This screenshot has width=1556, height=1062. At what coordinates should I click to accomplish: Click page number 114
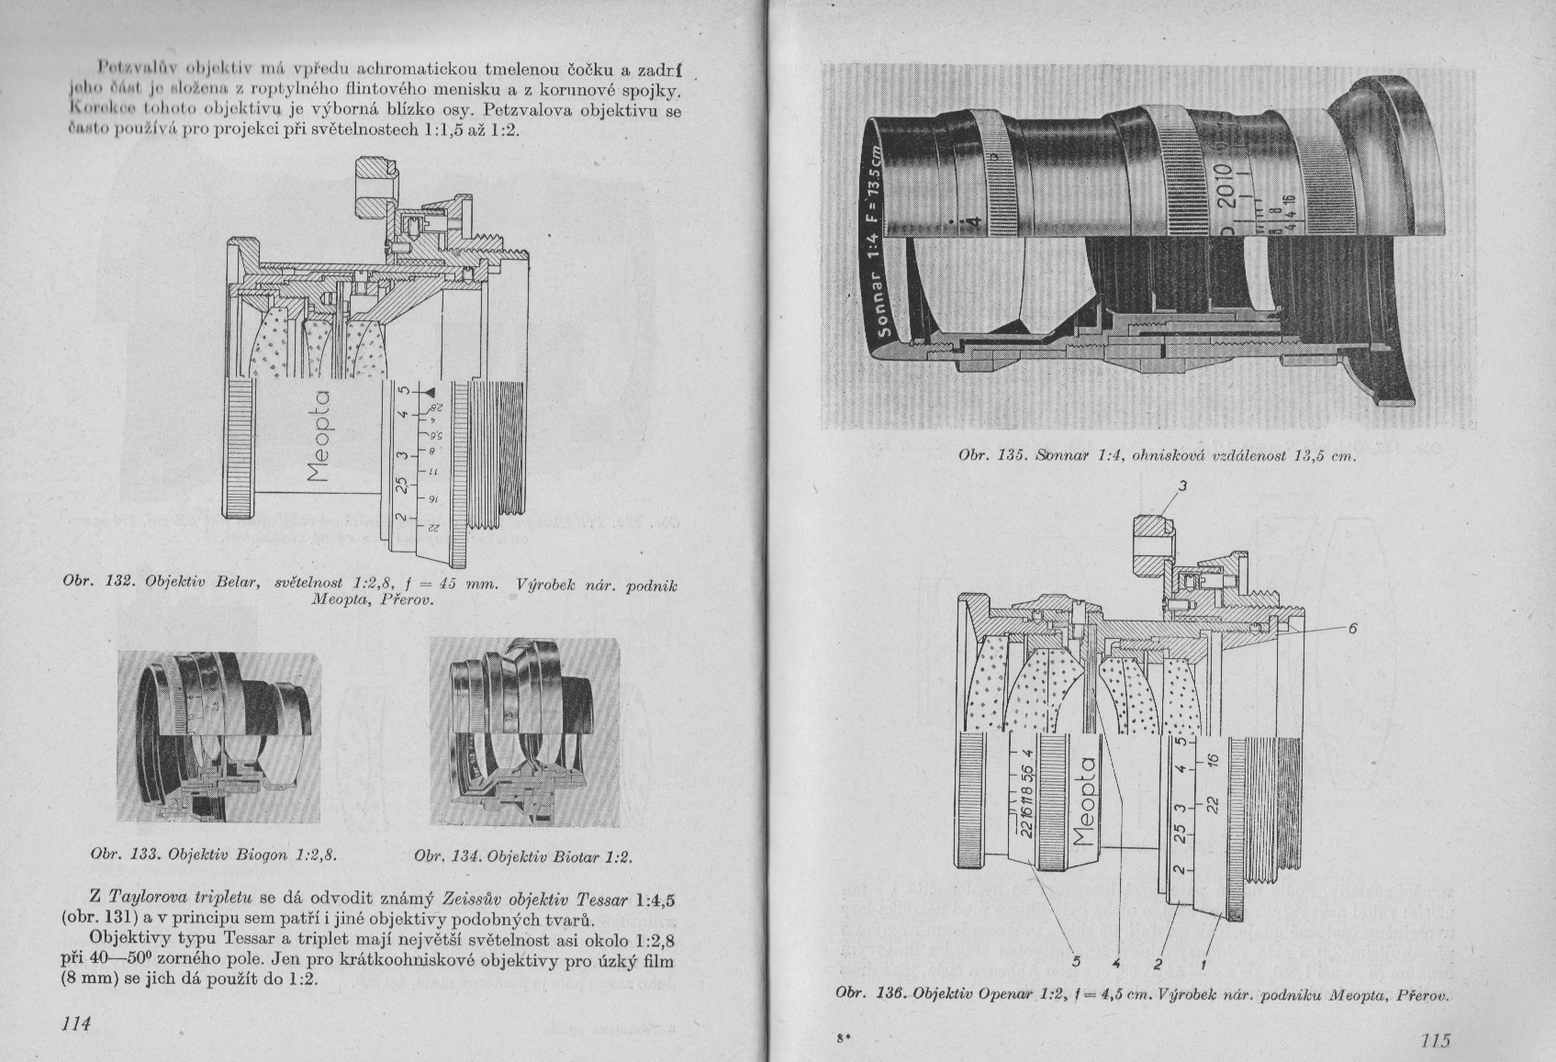point(76,1023)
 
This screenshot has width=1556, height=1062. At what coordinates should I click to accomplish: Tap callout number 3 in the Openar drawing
point(1183,486)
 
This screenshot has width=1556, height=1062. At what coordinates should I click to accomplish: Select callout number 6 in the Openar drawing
point(1352,628)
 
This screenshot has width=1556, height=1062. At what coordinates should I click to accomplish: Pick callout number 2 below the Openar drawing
point(1159,964)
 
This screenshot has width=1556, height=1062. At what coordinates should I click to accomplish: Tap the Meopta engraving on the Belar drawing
point(320,435)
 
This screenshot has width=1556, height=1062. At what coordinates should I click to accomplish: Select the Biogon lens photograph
point(219,736)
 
